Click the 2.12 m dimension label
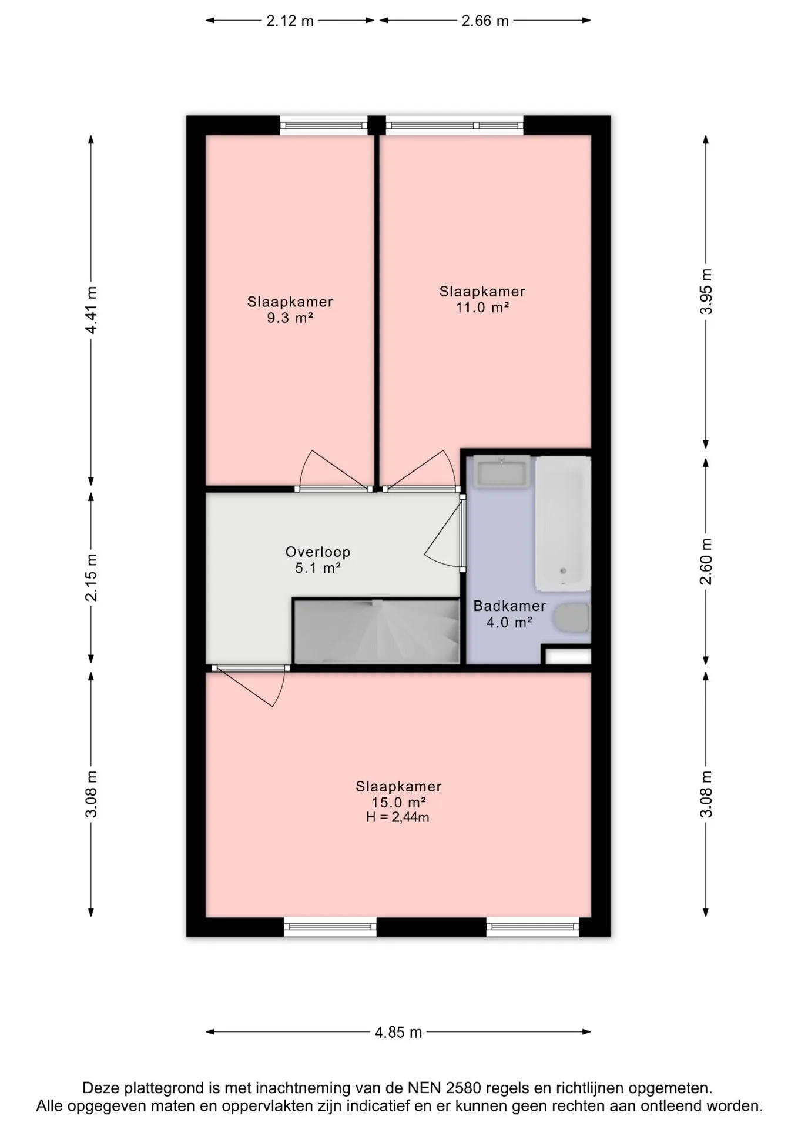tap(290, 21)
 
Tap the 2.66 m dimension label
tap(485, 21)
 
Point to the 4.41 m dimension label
tap(91, 310)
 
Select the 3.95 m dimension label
tap(706, 291)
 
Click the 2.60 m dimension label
tap(706, 561)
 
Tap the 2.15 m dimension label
tap(91, 577)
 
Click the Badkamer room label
tap(509, 606)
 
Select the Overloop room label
tap(318, 552)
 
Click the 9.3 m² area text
tap(290, 318)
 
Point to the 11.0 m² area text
tap(482, 307)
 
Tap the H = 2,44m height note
tap(398, 817)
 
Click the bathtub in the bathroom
tap(562, 523)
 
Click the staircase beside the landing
tap(376, 631)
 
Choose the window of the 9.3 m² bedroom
tap(323, 125)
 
